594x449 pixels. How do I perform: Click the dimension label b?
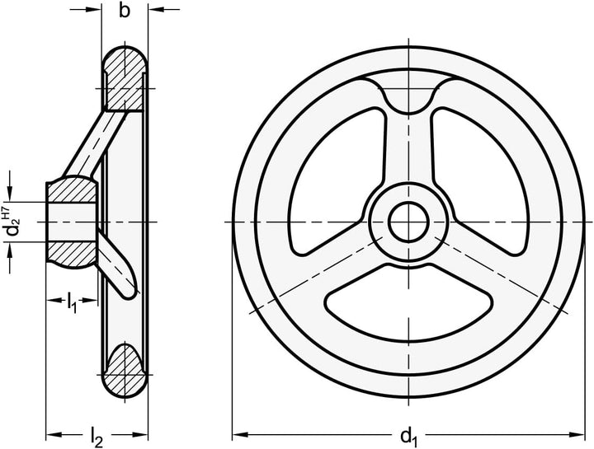tap(125, 12)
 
